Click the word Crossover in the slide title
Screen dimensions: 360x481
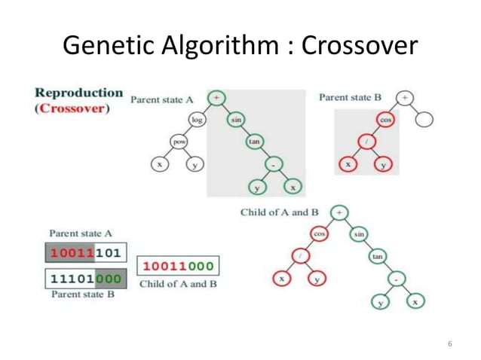coord(359,46)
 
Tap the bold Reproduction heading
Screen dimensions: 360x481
coord(78,93)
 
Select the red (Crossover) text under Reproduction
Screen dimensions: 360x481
coord(72,108)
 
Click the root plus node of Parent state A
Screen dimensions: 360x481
coord(217,98)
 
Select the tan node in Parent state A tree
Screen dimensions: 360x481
coord(254,141)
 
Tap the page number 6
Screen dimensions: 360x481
coord(449,344)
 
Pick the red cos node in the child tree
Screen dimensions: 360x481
coord(319,234)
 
